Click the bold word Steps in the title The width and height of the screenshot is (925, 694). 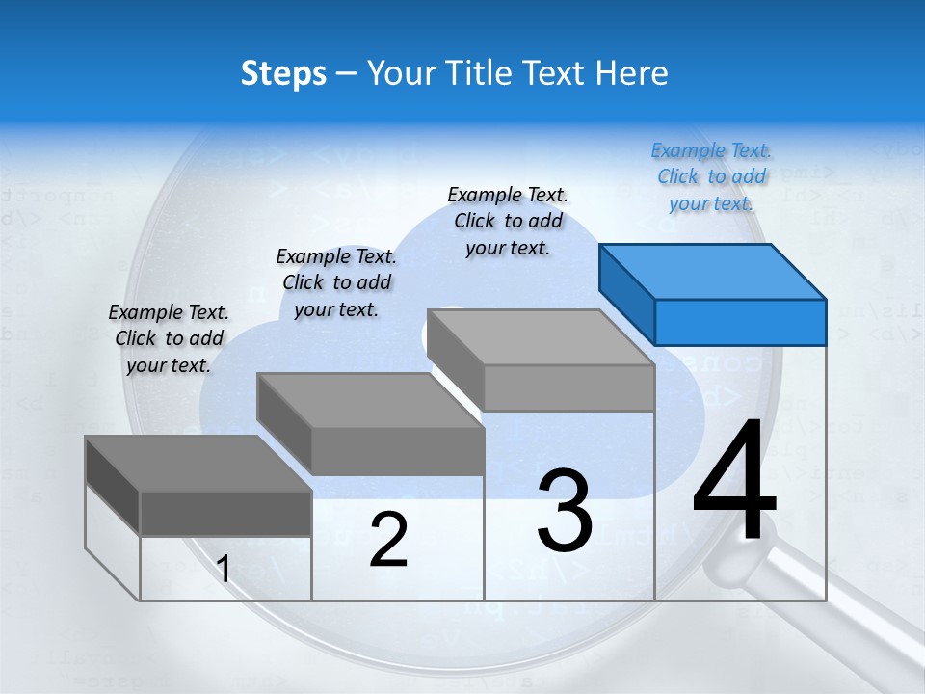click(283, 73)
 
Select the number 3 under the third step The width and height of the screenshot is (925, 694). click(565, 511)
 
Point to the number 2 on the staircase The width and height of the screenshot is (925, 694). click(388, 540)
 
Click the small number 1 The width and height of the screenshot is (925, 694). click(224, 570)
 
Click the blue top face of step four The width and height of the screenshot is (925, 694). click(712, 271)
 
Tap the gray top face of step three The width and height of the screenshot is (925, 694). click(541, 337)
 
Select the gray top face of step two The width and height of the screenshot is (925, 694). click(370, 400)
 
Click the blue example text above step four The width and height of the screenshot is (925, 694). click(711, 177)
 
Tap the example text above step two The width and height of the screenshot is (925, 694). click(336, 282)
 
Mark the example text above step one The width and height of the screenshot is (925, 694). click(169, 338)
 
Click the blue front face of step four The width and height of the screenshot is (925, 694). click(740, 322)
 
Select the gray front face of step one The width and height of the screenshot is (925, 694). click(225, 514)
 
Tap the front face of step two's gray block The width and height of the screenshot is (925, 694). click(397, 451)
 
